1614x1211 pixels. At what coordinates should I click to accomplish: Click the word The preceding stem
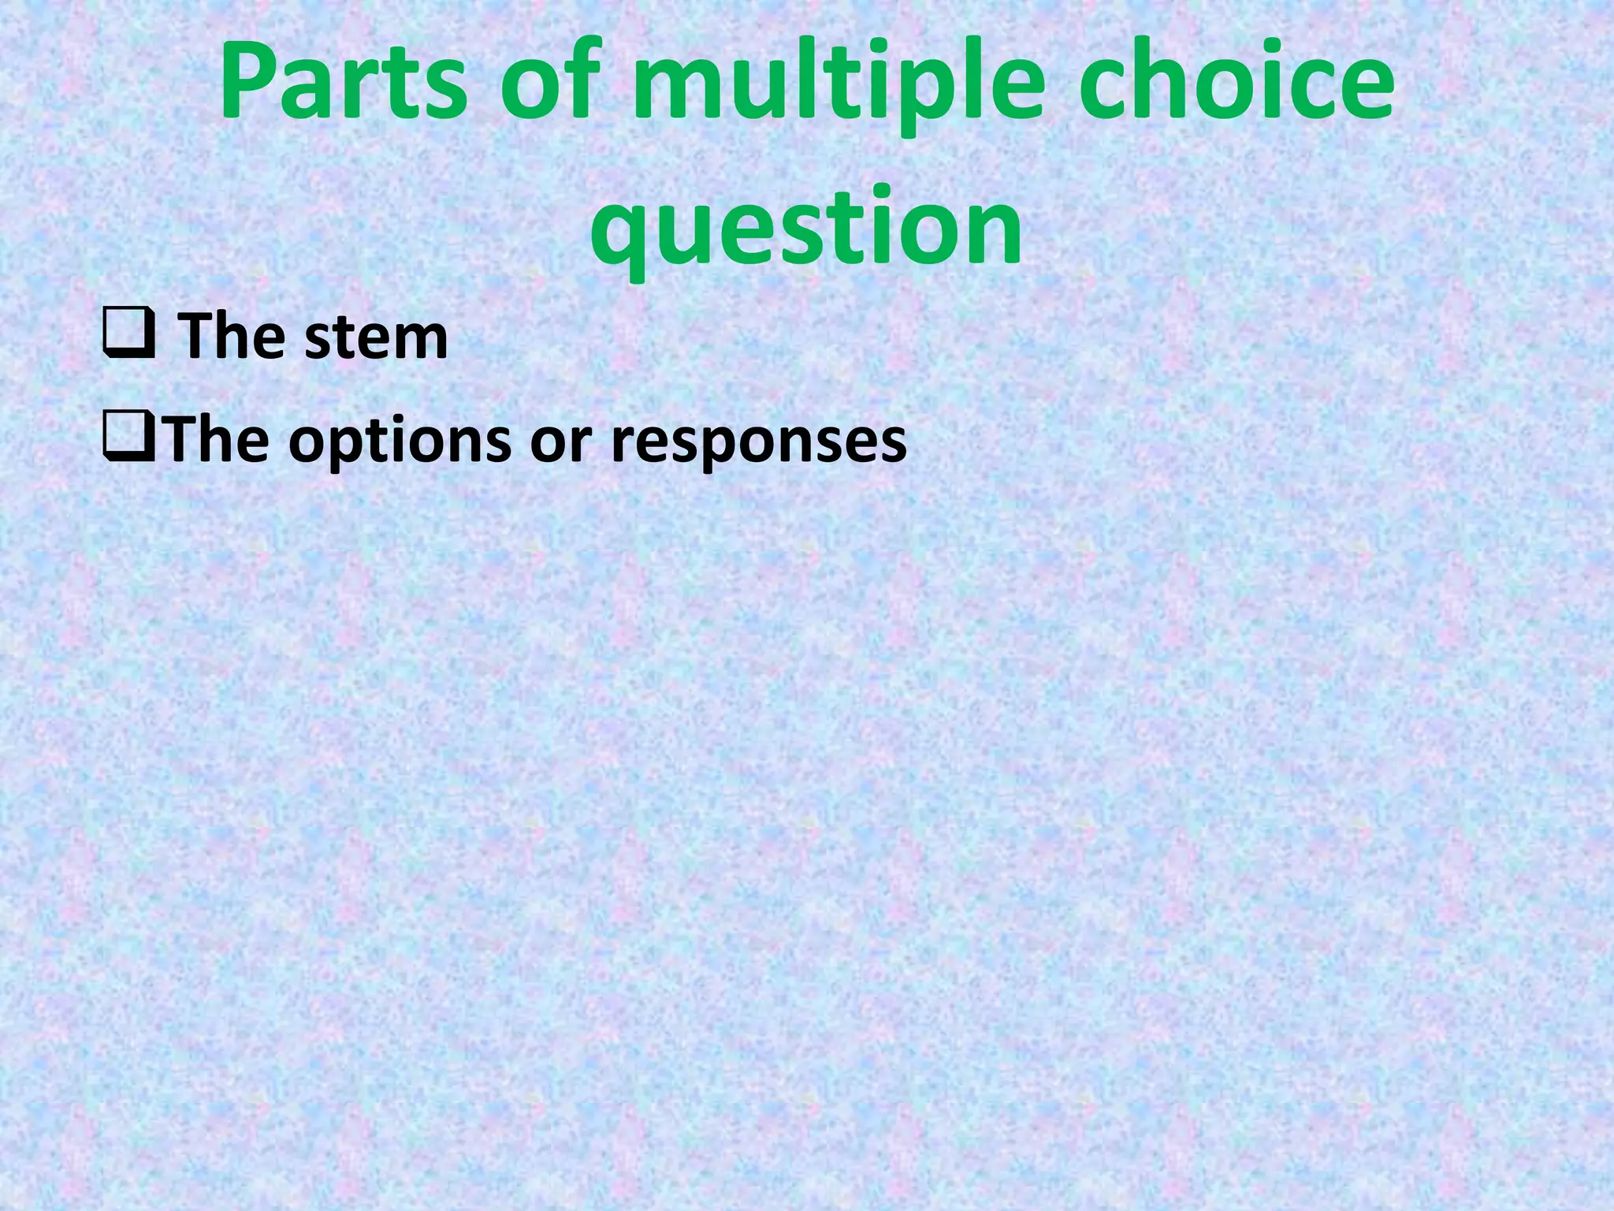coord(232,337)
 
